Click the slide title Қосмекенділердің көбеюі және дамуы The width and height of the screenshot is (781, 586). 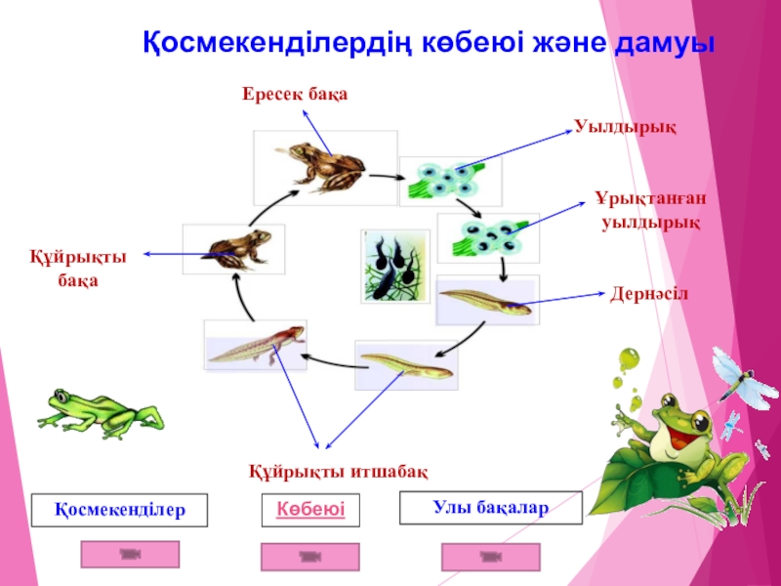430,44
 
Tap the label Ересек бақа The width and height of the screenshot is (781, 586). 295,94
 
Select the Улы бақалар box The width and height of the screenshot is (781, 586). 491,508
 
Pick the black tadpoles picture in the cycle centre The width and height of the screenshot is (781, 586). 393,265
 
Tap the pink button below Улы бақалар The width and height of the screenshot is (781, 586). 490,557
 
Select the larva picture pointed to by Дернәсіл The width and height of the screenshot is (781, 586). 486,300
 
